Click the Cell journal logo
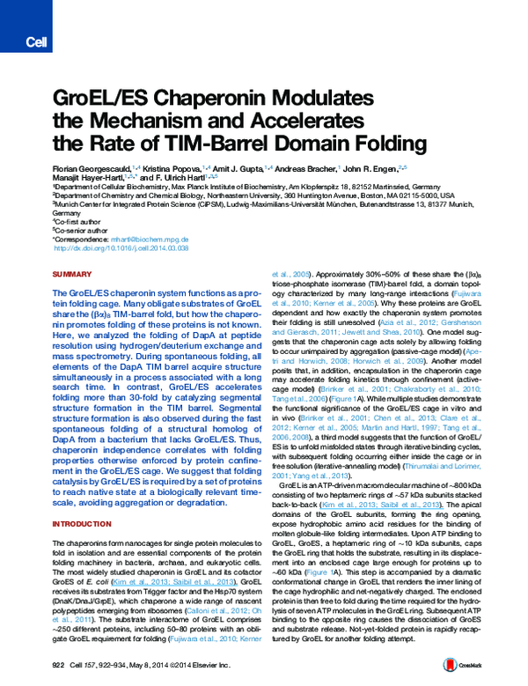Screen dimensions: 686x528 (36, 41)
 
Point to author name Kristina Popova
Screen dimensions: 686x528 (171, 167)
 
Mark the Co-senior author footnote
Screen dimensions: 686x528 (83, 230)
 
